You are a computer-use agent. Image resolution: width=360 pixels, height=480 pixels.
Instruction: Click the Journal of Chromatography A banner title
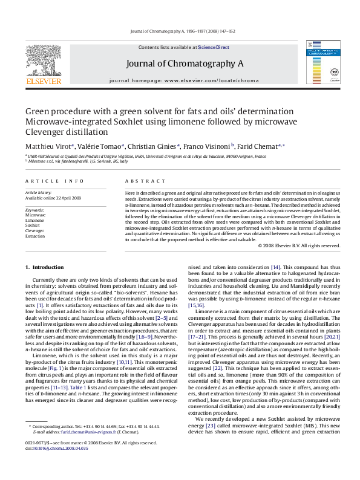click(x=185, y=63)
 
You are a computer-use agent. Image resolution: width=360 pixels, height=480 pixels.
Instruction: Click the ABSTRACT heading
click(x=140, y=181)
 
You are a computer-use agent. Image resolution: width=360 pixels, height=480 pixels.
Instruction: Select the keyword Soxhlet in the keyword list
click(x=33, y=225)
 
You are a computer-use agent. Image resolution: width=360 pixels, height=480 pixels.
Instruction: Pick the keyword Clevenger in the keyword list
click(x=34, y=231)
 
